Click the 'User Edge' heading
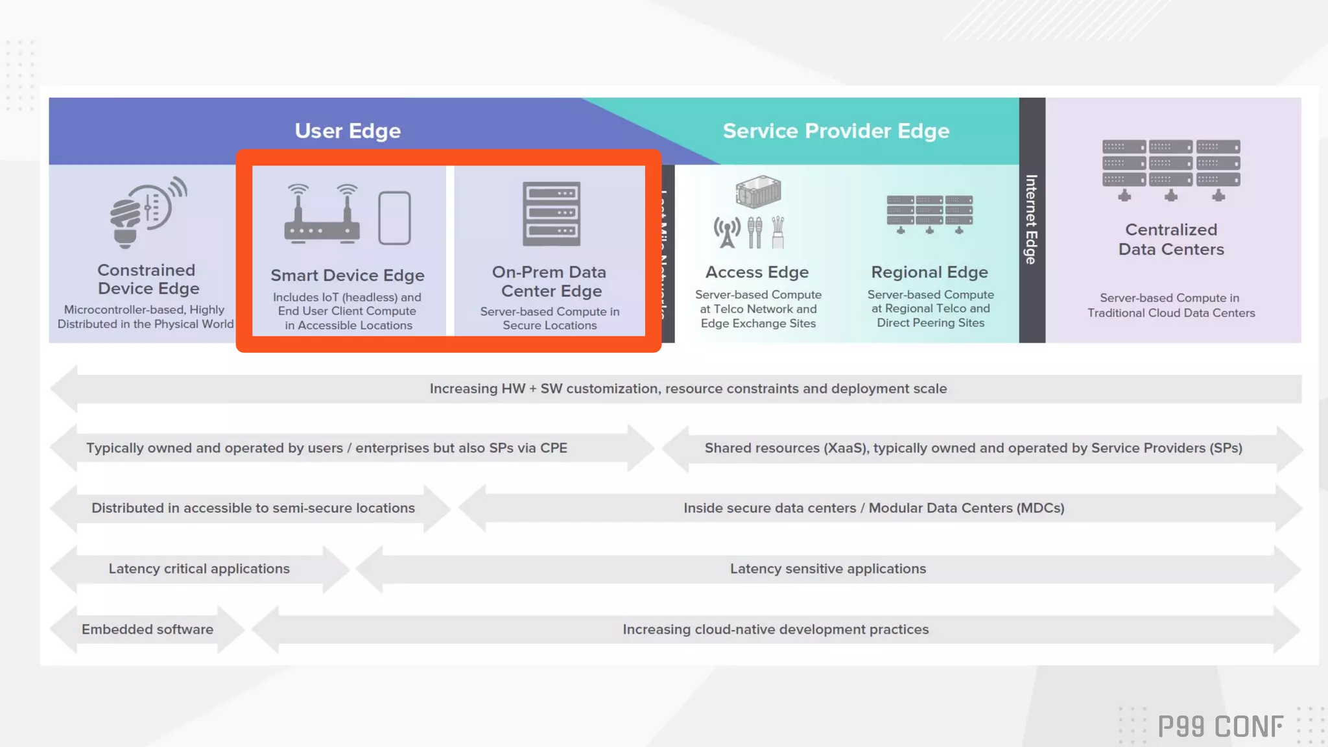[x=348, y=131]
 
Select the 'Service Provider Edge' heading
[x=836, y=131]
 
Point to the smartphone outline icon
[x=394, y=218]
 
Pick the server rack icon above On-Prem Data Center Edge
[x=551, y=214]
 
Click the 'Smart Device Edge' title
[x=348, y=276]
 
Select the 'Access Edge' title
[x=757, y=272]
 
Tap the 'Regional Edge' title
[x=929, y=272]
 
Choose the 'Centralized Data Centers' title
[x=1171, y=239]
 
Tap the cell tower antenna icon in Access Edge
[x=727, y=233]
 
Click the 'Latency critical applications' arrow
[x=199, y=569]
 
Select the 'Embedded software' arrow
[x=147, y=630]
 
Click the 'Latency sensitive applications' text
[x=828, y=569]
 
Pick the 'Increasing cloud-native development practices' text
[x=776, y=630]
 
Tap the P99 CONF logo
[x=1220, y=727]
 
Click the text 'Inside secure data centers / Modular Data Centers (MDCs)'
[x=873, y=508]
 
